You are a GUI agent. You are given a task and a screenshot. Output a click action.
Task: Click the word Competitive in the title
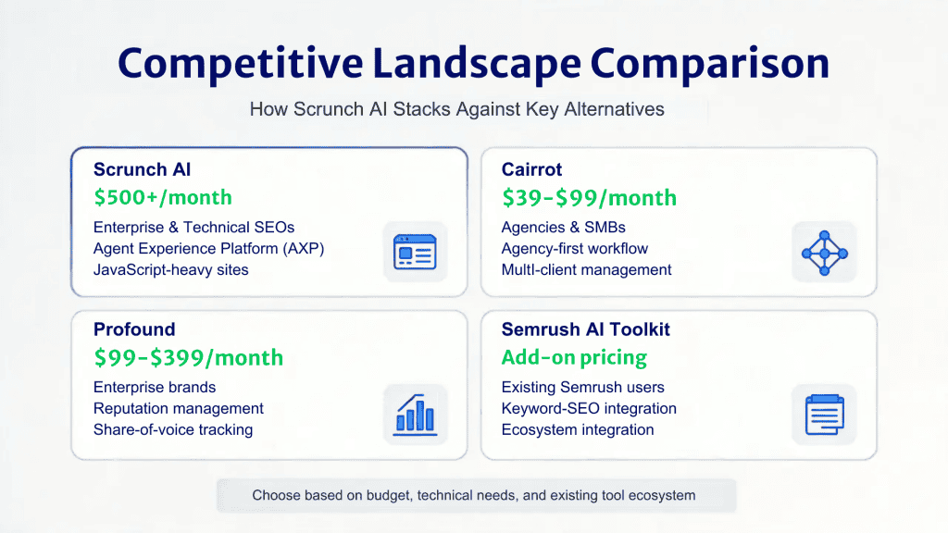point(238,63)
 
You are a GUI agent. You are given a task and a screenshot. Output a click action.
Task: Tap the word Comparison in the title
point(710,63)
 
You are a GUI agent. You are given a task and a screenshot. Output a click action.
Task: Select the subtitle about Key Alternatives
point(457,109)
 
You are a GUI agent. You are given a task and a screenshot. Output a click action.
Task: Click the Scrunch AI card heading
point(142,169)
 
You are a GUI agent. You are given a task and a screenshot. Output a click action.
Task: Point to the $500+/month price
point(163,197)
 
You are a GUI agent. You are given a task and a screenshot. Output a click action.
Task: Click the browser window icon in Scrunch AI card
point(415,252)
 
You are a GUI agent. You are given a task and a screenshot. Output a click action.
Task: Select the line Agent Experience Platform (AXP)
point(209,248)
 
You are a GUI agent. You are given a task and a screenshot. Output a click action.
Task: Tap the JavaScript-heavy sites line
point(171,269)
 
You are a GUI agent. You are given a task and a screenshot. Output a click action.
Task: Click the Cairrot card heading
point(531,169)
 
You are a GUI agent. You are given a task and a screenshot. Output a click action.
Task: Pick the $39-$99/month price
point(589,197)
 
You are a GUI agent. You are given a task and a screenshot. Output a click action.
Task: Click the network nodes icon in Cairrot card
point(824,252)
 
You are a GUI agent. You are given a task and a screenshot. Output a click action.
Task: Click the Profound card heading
point(134,329)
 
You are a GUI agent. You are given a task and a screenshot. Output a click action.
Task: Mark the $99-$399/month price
point(189,357)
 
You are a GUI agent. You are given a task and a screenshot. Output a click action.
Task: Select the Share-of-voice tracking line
point(173,429)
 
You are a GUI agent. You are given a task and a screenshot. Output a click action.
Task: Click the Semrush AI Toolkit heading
point(585,329)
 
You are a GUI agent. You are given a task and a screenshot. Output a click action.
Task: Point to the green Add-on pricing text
point(574,357)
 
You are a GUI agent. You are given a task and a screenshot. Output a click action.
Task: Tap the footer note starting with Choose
point(473,496)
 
